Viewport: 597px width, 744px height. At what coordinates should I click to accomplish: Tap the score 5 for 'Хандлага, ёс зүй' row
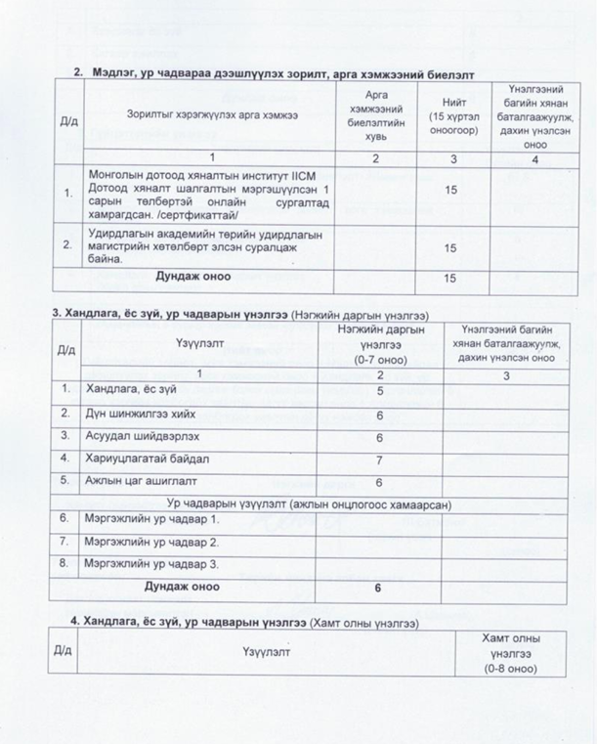(377, 392)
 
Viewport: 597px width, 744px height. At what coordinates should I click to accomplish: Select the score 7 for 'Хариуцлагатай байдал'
(377, 459)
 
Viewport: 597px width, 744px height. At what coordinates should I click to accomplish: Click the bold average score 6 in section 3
(377, 587)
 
